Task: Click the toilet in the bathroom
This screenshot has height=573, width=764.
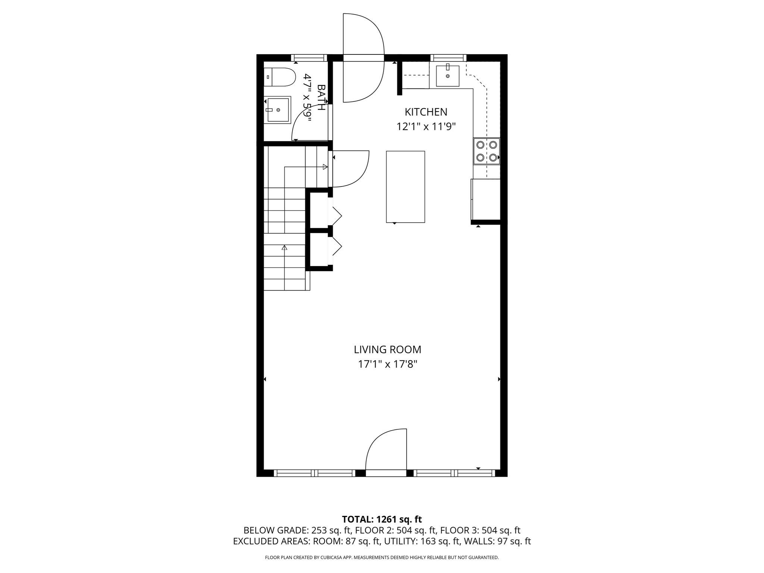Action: pyautogui.click(x=280, y=77)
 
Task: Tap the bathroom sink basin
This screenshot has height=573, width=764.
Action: pyautogui.click(x=278, y=110)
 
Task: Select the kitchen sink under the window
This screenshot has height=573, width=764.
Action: pyautogui.click(x=447, y=76)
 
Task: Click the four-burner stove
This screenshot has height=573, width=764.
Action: pyautogui.click(x=487, y=151)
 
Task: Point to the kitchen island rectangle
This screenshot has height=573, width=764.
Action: pyautogui.click(x=405, y=187)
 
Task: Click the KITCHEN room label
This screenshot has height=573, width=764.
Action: pyautogui.click(x=426, y=112)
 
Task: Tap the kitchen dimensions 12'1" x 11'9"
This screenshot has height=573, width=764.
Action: pyautogui.click(x=426, y=127)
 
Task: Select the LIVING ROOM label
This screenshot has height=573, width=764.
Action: pyautogui.click(x=387, y=350)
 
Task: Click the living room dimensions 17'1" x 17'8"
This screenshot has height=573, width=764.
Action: pyautogui.click(x=387, y=364)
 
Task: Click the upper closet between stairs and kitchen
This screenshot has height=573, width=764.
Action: pyautogui.click(x=319, y=210)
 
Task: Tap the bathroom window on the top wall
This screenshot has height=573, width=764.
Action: pyautogui.click(x=309, y=58)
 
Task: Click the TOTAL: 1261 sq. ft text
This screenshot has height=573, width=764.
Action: pyautogui.click(x=382, y=519)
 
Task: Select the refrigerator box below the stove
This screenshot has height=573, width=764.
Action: pyautogui.click(x=486, y=200)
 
